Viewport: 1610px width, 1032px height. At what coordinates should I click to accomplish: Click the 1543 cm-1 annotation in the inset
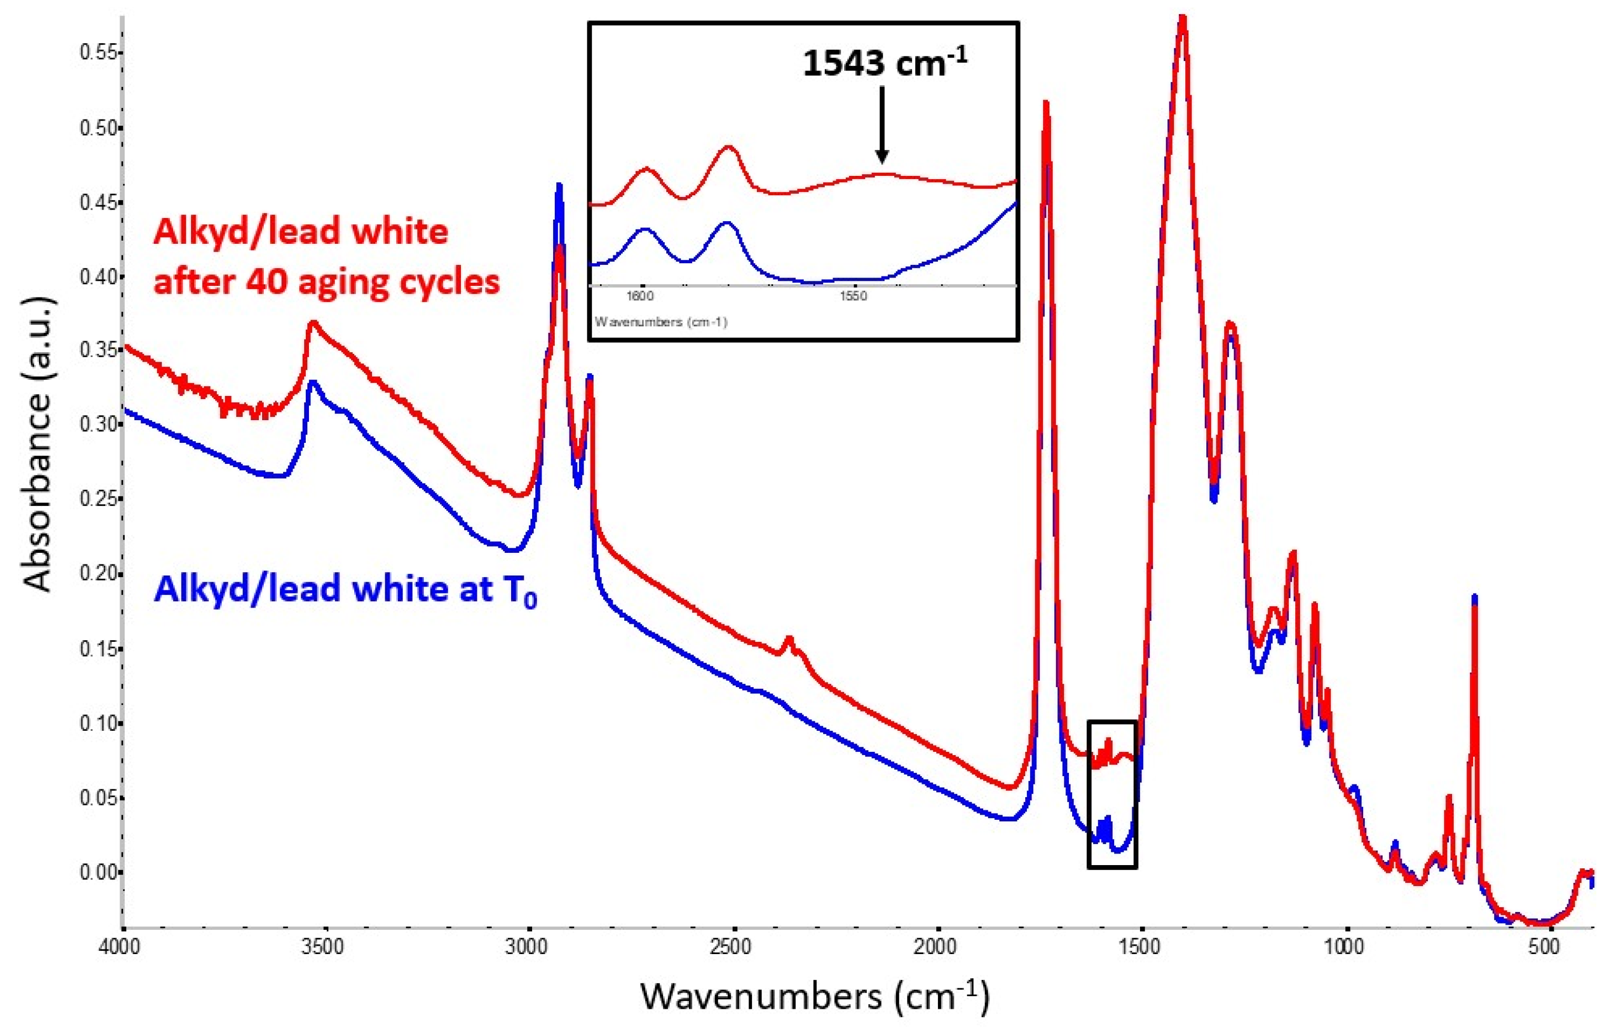point(884,64)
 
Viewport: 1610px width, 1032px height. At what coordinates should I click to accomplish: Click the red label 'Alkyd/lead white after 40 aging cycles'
point(326,256)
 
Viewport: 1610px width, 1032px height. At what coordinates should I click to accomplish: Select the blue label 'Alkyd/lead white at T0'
point(345,590)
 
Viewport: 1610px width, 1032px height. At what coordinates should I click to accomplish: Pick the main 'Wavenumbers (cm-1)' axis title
point(814,997)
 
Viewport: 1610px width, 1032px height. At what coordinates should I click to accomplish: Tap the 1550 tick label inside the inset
point(853,295)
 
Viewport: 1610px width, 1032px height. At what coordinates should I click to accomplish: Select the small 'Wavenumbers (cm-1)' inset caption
point(661,322)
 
